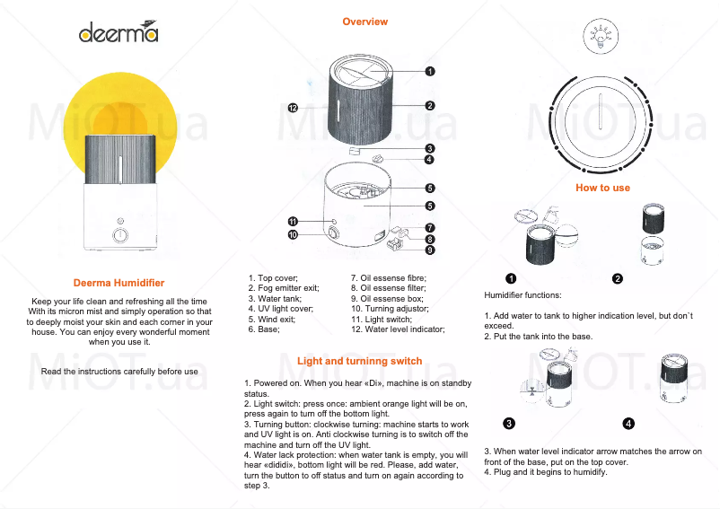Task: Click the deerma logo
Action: coord(118,33)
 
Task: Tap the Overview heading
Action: coord(365,22)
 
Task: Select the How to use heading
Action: coord(602,188)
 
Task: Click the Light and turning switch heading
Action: coord(359,361)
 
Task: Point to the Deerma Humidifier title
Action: coord(119,283)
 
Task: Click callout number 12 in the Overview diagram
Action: coord(293,108)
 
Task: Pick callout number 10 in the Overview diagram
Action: coord(293,234)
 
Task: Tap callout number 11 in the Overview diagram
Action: coord(293,221)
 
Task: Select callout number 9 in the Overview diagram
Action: coord(430,250)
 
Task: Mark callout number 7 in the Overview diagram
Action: coord(430,228)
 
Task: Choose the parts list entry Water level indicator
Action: coord(398,329)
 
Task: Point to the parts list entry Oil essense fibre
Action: coord(388,278)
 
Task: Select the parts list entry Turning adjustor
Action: coord(390,309)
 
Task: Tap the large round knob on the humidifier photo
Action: coord(120,236)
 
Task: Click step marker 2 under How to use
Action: coord(618,278)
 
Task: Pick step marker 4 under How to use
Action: coord(628,423)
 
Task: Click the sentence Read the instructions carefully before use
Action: coord(119,371)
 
